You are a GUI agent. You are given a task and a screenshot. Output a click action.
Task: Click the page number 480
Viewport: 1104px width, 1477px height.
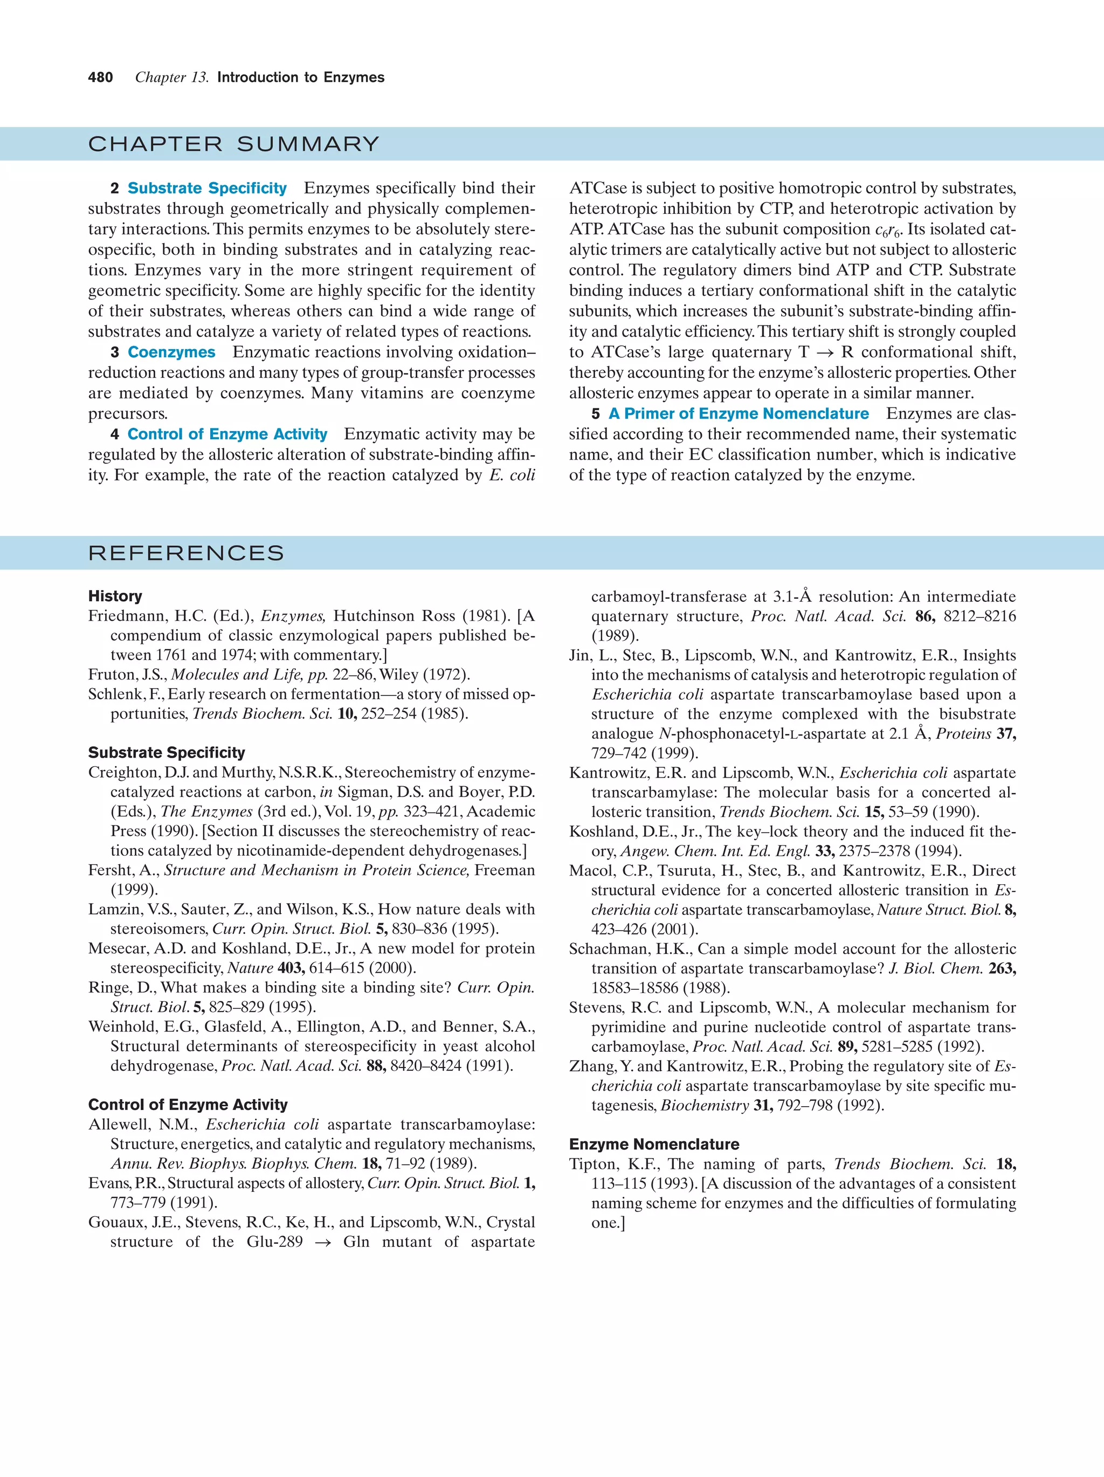[x=100, y=78]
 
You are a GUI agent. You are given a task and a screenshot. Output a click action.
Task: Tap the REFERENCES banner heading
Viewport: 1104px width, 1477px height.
[x=185, y=553]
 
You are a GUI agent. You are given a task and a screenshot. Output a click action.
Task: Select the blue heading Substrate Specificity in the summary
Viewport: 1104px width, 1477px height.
[x=206, y=188]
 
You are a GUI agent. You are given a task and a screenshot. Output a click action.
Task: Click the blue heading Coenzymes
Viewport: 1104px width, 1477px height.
[x=171, y=352]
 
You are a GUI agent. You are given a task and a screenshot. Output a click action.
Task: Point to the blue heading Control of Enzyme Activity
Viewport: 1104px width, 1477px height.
[x=227, y=435]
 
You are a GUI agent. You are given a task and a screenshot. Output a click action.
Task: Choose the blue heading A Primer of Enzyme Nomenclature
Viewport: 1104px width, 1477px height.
[x=738, y=414]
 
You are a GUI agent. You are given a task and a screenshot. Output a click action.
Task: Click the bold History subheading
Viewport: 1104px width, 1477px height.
[x=115, y=597]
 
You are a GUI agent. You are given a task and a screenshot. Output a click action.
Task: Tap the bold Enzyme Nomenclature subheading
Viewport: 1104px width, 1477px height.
[x=654, y=1145]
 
